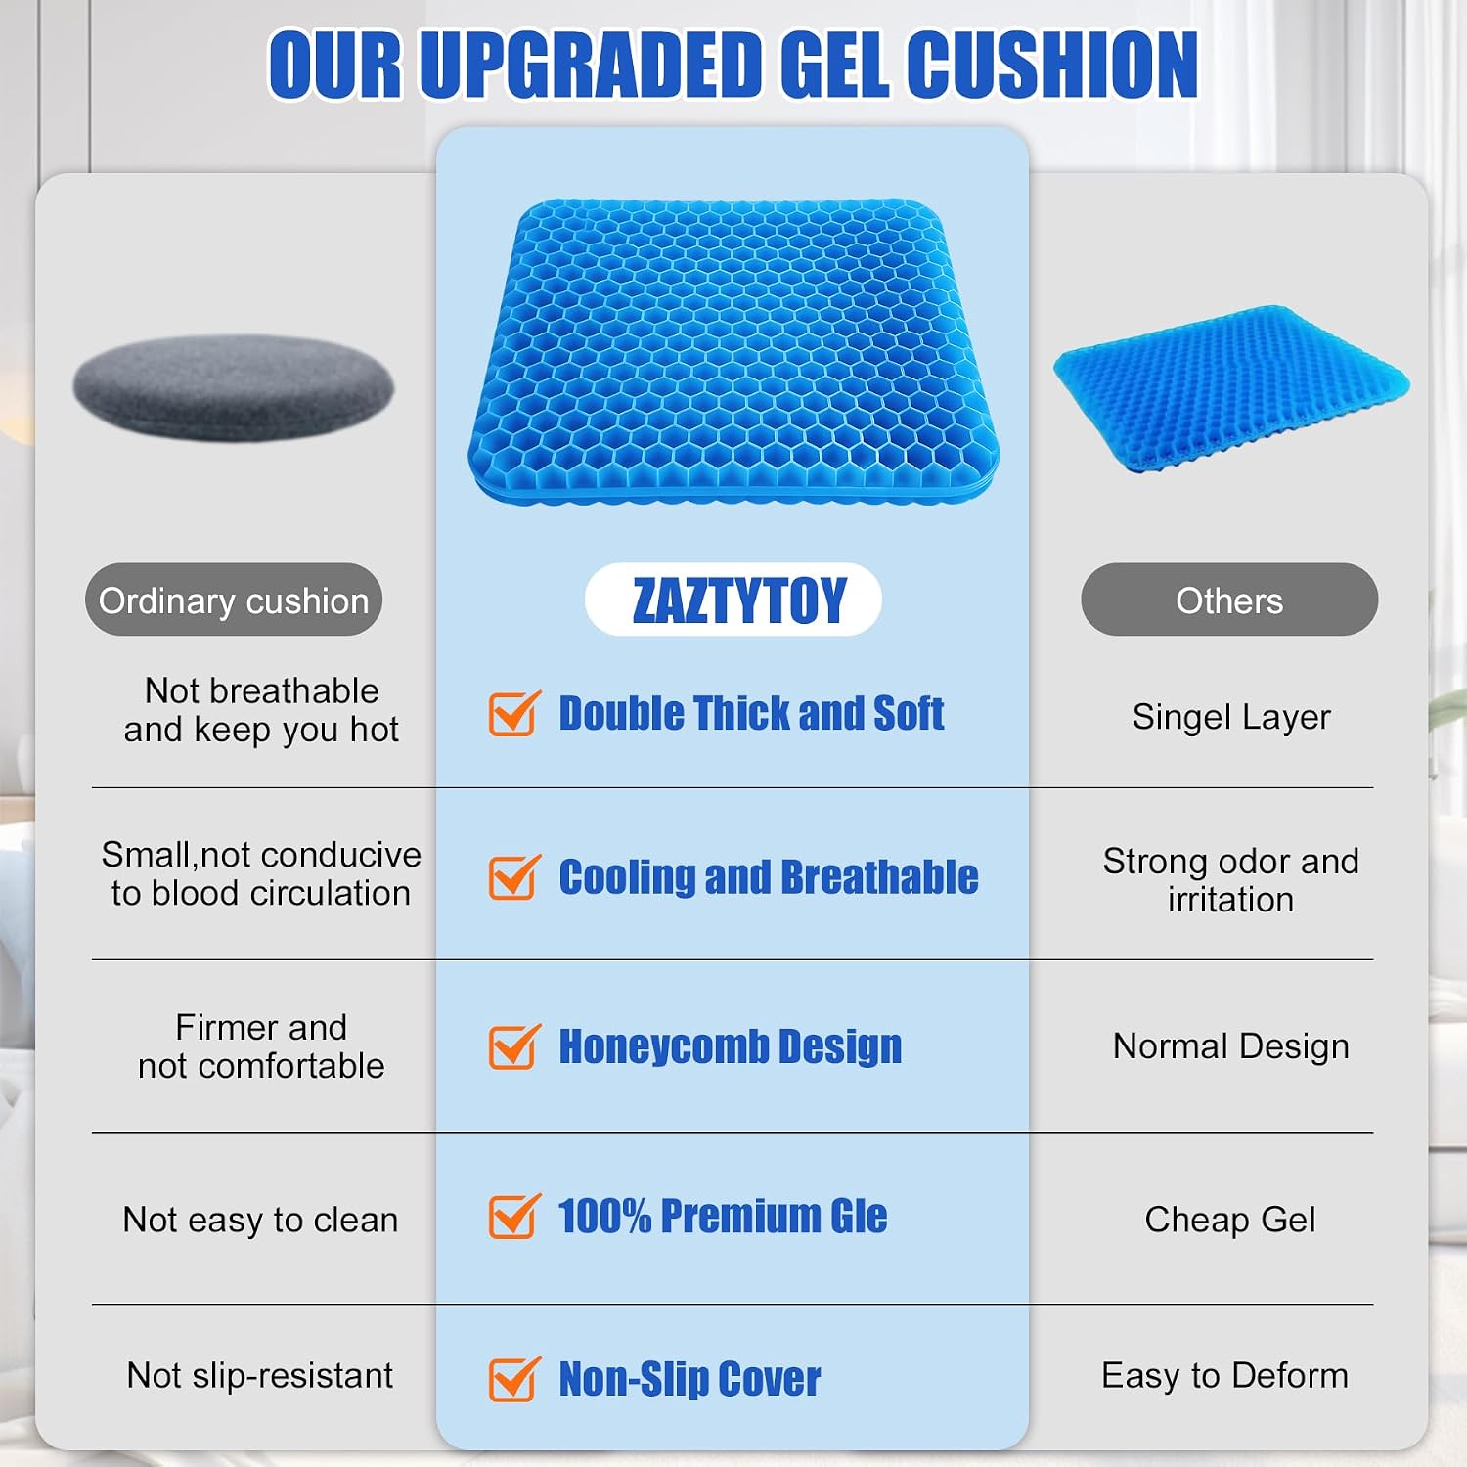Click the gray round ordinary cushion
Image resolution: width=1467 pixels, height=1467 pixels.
click(234, 387)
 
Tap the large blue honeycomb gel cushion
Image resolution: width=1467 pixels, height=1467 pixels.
click(733, 352)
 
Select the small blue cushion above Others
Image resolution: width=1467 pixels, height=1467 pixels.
click(1230, 389)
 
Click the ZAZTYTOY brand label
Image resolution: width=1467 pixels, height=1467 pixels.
click(738, 600)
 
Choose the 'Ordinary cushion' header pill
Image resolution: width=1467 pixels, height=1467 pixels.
click(234, 600)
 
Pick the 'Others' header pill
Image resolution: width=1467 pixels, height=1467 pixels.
click(1229, 600)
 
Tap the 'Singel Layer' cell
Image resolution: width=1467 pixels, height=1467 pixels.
click(1231, 717)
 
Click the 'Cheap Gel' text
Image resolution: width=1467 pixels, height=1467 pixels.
click(1230, 1220)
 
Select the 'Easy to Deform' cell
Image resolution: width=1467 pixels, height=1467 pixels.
click(1224, 1375)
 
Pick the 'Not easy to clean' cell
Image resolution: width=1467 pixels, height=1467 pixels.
click(260, 1220)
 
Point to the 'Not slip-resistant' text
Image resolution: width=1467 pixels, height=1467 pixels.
click(260, 1375)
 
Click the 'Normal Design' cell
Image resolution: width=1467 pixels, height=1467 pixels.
click(1230, 1046)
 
